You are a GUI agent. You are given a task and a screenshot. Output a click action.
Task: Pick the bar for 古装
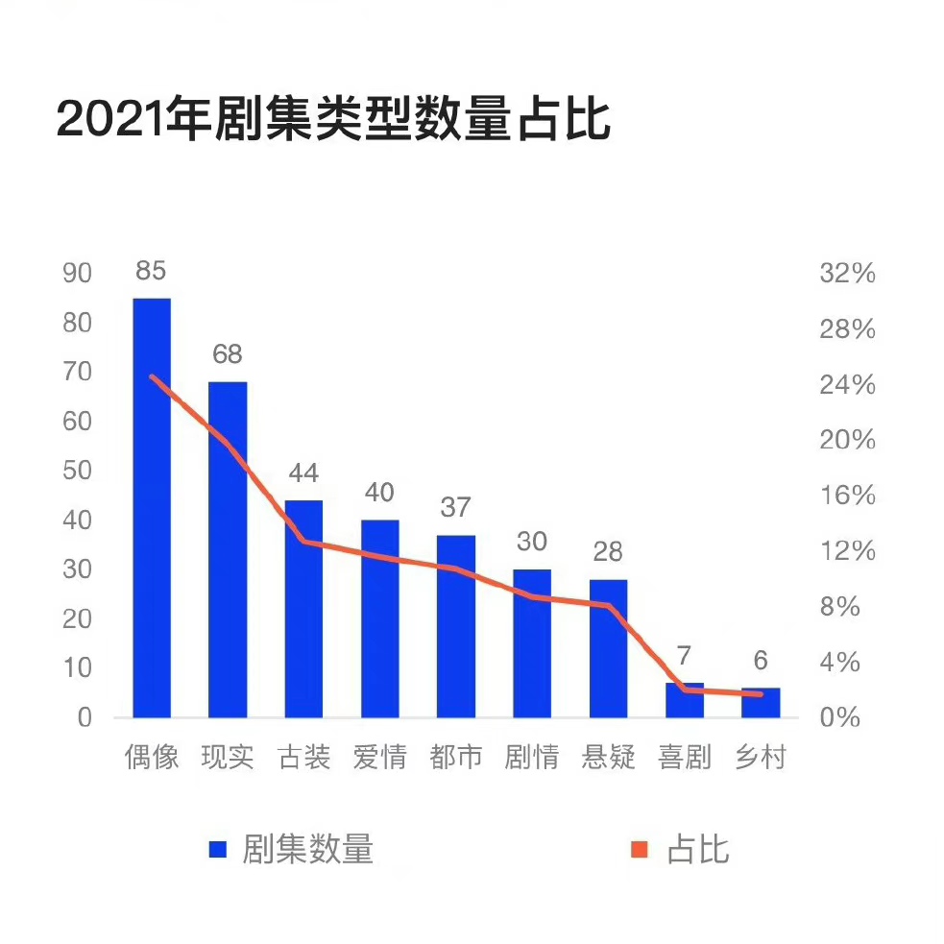(303, 609)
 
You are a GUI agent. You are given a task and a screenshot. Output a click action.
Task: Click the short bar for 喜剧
(685, 701)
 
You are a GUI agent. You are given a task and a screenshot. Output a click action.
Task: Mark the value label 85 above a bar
(151, 271)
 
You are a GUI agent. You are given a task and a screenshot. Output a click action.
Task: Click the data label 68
(228, 354)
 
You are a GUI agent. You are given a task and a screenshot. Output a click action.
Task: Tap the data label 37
(456, 507)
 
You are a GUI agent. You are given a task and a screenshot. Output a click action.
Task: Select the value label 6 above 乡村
(761, 661)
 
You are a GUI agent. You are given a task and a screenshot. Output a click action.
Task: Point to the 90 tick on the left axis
(77, 274)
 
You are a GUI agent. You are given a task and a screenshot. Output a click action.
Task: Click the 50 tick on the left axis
(77, 472)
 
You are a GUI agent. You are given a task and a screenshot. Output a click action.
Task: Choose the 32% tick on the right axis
(848, 274)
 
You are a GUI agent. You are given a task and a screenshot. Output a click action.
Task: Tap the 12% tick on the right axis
(848, 551)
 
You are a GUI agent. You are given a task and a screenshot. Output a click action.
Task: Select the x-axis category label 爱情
(379, 758)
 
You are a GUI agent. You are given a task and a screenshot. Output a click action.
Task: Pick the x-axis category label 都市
(456, 758)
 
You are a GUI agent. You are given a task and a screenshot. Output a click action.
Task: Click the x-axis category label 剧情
(532, 758)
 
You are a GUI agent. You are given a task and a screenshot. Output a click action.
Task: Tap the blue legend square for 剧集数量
(218, 850)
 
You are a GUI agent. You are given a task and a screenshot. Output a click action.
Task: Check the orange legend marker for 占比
(640, 850)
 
